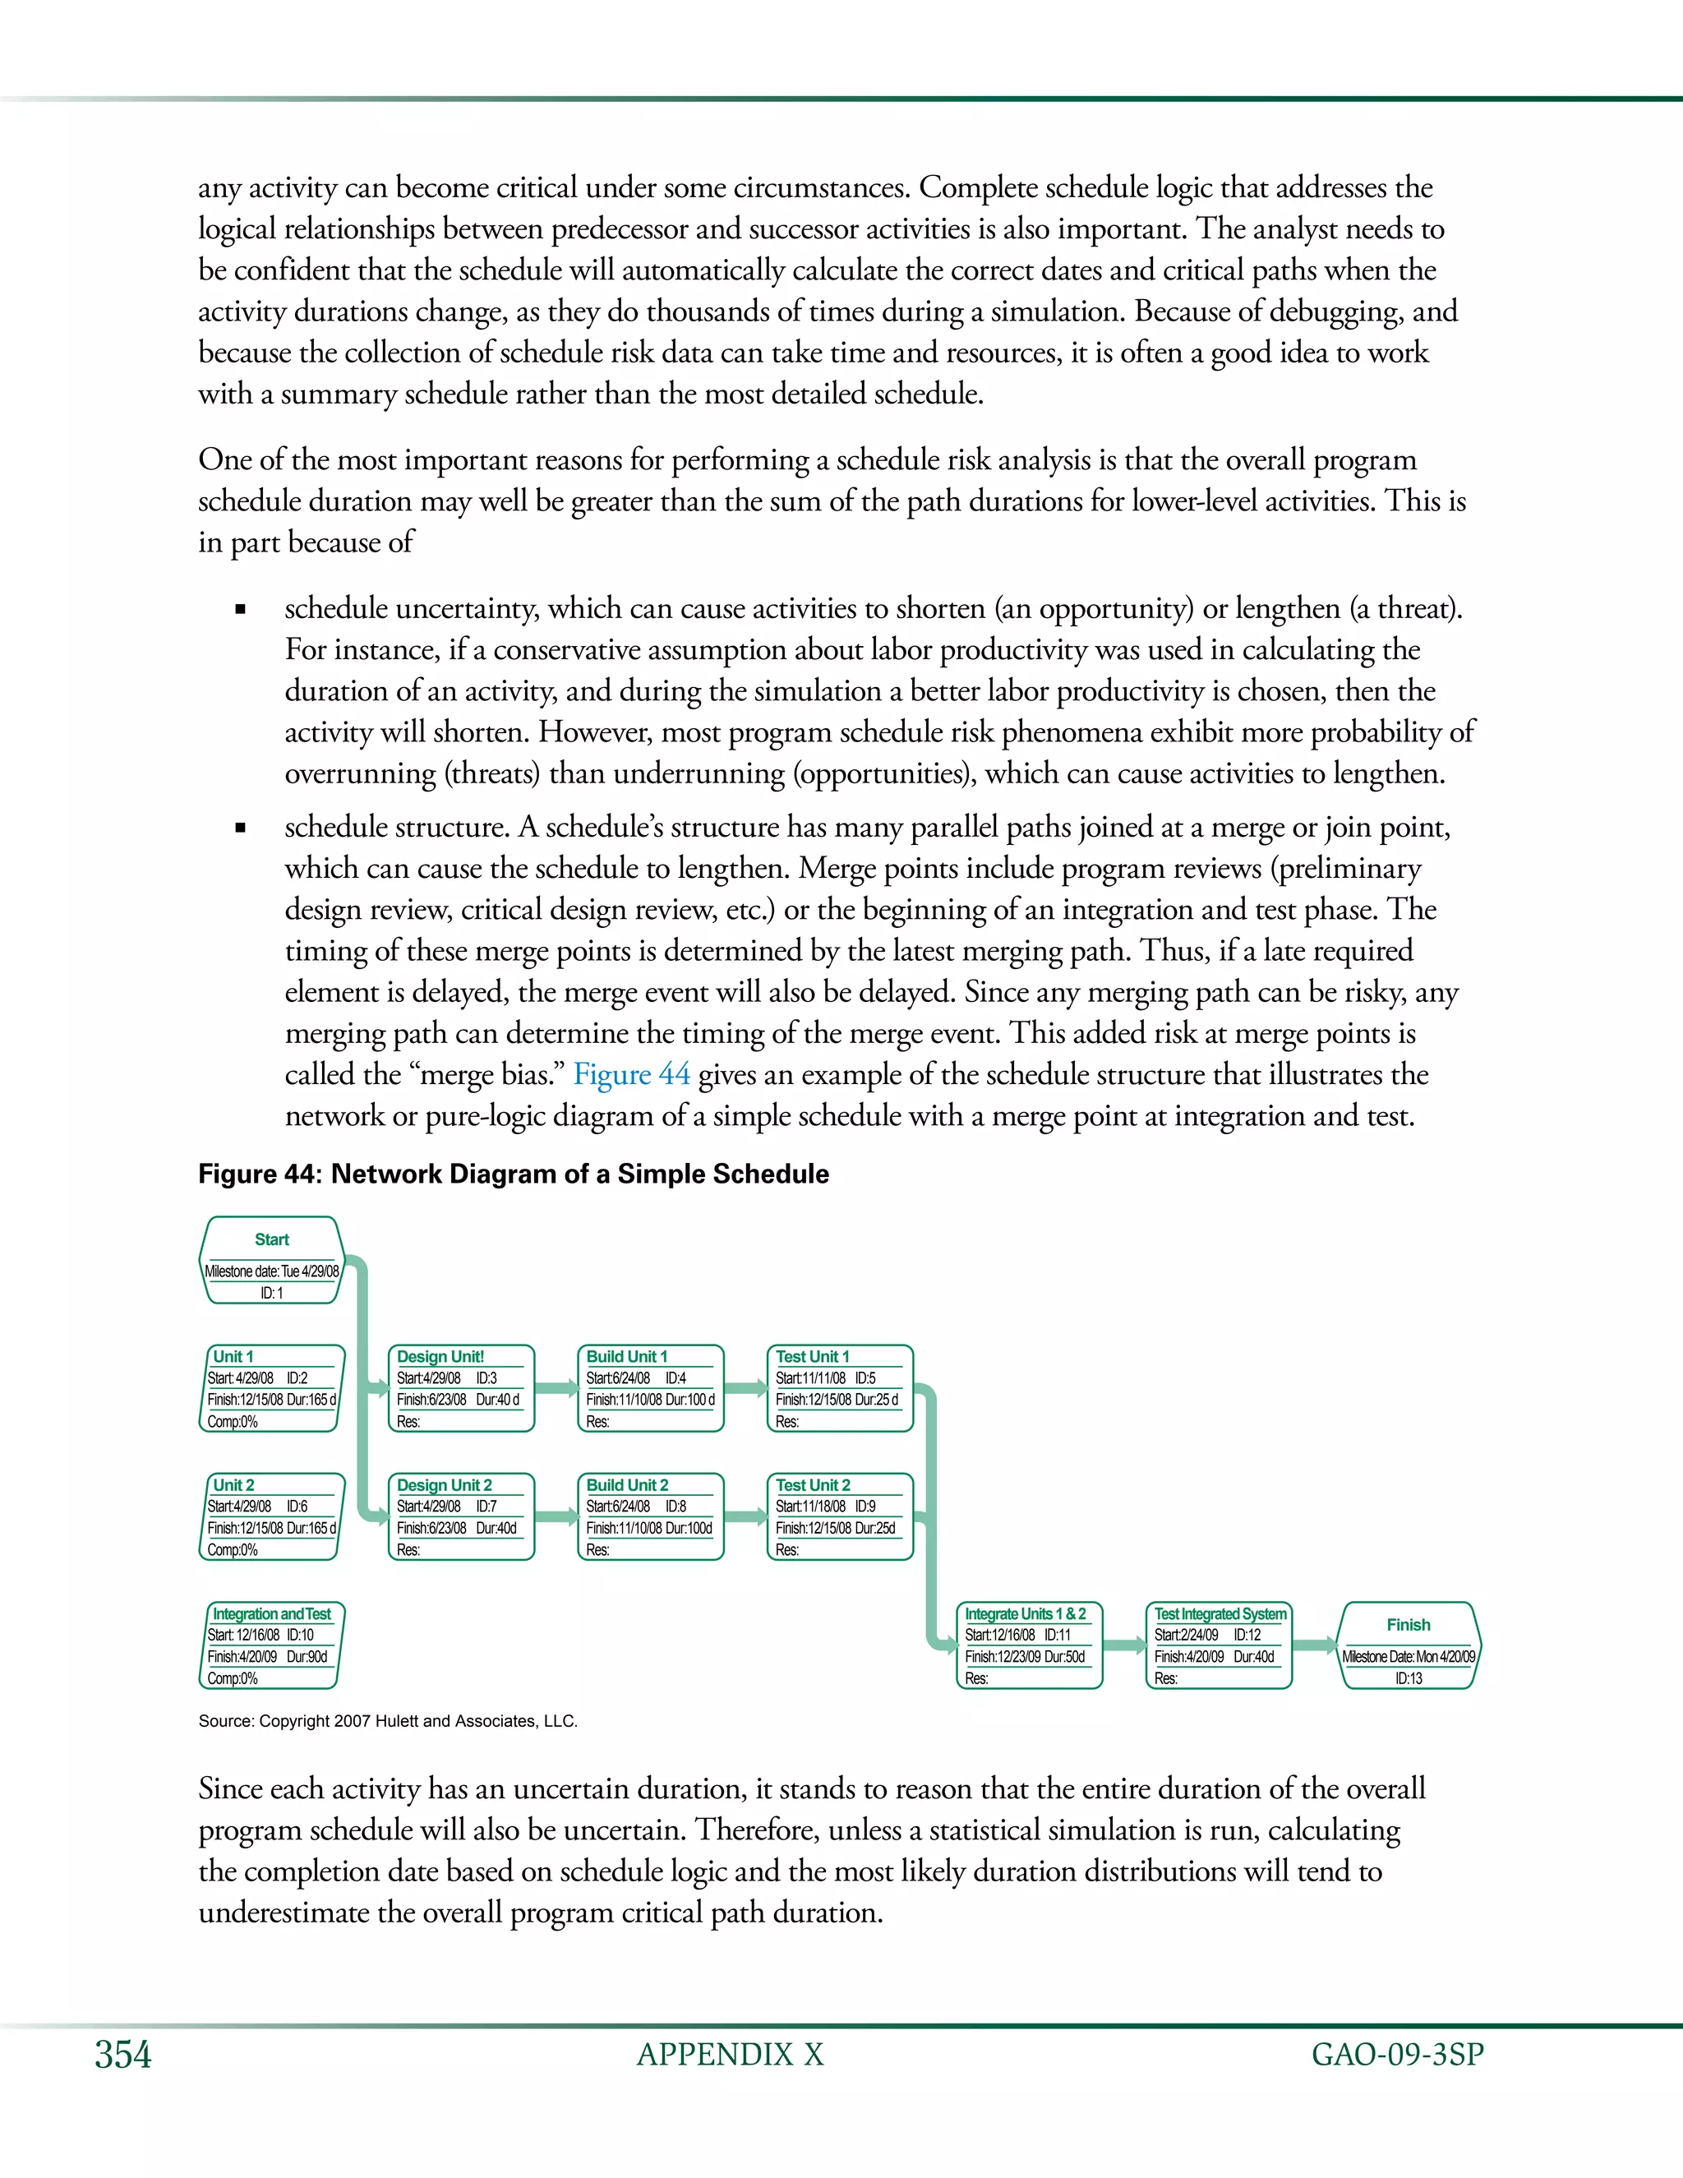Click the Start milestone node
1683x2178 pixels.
(x=271, y=1261)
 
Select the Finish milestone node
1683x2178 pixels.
(x=1408, y=1645)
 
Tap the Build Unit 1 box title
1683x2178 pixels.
(x=626, y=1356)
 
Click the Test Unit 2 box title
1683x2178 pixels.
(x=813, y=1485)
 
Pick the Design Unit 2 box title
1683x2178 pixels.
(x=444, y=1485)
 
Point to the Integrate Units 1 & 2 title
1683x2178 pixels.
(x=1025, y=1613)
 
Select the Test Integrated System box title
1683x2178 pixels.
(x=1220, y=1613)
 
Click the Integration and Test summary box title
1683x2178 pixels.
(x=271, y=1613)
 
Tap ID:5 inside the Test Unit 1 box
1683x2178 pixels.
(x=865, y=1378)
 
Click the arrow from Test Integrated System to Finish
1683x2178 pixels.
(x=1315, y=1645)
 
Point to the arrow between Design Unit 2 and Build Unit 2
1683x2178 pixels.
(x=556, y=1517)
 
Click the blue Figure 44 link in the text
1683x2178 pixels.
(x=631, y=1074)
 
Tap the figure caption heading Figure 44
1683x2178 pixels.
(x=513, y=1174)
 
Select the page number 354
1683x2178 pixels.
(x=122, y=2055)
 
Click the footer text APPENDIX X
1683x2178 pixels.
(x=730, y=2055)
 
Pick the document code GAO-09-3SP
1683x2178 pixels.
(x=1397, y=2055)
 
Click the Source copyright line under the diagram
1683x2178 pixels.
(x=388, y=1721)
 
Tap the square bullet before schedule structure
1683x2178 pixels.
(x=239, y=828)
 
